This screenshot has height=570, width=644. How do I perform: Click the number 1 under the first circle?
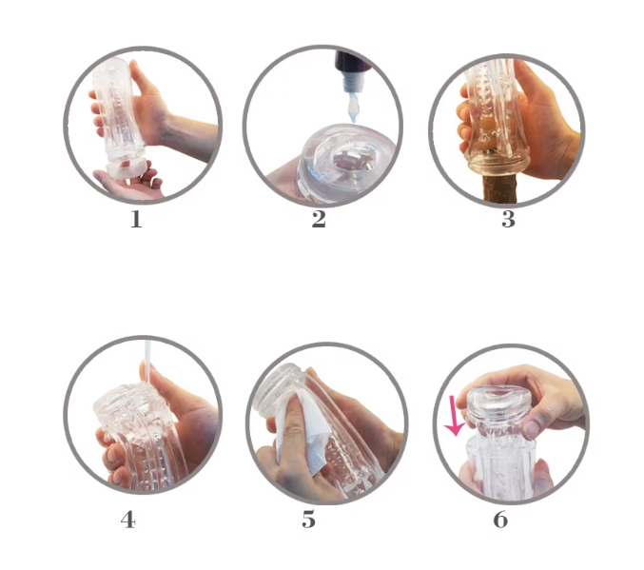(x=136, y=219)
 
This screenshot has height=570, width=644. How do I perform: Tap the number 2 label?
(x=319, y=219)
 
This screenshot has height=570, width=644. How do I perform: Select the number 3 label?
(x=509, y=219)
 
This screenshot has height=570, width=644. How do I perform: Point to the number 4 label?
(x=128, y=520)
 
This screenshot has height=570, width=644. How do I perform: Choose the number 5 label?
(x=309, y=520)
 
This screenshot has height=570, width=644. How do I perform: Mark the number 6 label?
(x=500, y=520)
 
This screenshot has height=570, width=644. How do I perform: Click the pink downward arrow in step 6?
(x=455, y=416)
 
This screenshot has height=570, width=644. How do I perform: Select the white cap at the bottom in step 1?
(x=127, y=168)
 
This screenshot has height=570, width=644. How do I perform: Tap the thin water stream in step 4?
(x=146, y=362)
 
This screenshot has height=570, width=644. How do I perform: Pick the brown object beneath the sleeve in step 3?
(x=499, y=188)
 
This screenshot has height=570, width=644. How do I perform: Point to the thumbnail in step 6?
(x=531, y=429)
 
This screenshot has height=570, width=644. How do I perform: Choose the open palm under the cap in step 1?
(x=128, y=183)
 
